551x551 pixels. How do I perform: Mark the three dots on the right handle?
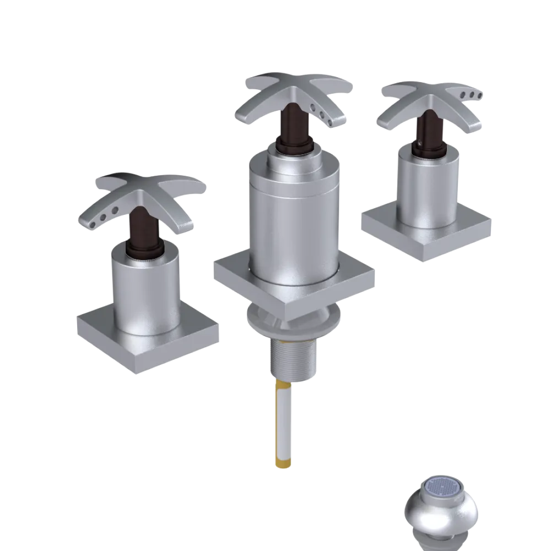[473, 95]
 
